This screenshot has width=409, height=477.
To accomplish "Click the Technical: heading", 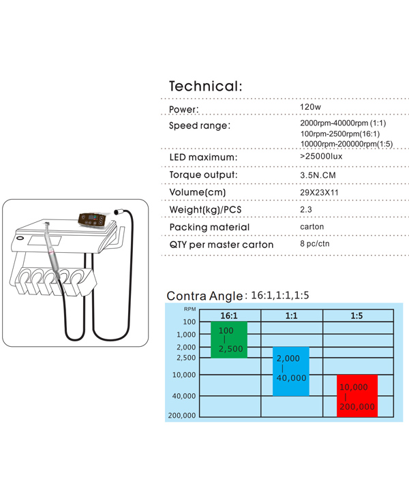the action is point(206,86).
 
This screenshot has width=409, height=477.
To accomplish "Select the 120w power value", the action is point(310,107).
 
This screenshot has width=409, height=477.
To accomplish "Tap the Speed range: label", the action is point(200,125).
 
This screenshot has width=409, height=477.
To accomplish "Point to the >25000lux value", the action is point(321,156).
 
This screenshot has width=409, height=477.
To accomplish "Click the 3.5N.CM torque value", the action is point(318,175).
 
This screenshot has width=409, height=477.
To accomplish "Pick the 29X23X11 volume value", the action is point(319,193).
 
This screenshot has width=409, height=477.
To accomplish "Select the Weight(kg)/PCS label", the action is point(205,210).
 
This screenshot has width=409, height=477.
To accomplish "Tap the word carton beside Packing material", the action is point(312,227).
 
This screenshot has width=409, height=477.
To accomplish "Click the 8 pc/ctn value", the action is point(315,244).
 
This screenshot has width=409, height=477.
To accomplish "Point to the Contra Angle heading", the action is point(204,296).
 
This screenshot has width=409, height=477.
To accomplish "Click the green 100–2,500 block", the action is point(229,339).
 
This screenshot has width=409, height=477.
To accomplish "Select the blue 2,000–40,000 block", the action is point(291,371).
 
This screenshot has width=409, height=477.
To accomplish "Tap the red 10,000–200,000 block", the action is point(357,396).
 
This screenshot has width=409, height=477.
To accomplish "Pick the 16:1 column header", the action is point(229,316).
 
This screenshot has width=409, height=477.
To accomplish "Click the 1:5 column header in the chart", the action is point(357,316).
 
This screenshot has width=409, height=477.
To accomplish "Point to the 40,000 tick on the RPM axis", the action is point(184,396).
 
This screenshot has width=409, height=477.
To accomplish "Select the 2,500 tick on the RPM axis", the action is point(186,358).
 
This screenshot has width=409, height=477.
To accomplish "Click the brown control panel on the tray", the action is point(92,220).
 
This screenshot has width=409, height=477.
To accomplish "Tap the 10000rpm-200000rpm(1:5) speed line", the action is point(346,144).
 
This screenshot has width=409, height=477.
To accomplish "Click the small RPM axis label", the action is point(190,309).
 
